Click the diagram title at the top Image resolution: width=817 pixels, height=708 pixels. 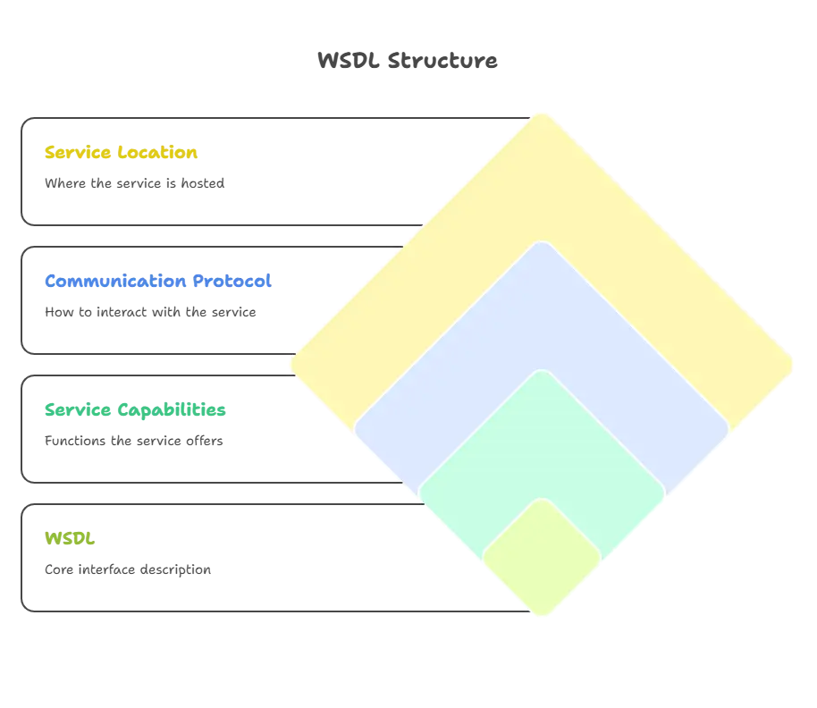[x=407, y=61]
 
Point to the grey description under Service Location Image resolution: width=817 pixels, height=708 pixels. [x=136, y=183]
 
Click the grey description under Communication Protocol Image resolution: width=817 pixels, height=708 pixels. [x=150, y=313]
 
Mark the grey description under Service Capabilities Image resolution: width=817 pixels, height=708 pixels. [x=136, y=442]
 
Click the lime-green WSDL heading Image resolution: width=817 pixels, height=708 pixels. [x=70, y=539]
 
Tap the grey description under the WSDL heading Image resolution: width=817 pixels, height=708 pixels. [x=129, y=569]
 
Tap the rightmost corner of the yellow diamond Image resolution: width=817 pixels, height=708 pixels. [x=795, y=365]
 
